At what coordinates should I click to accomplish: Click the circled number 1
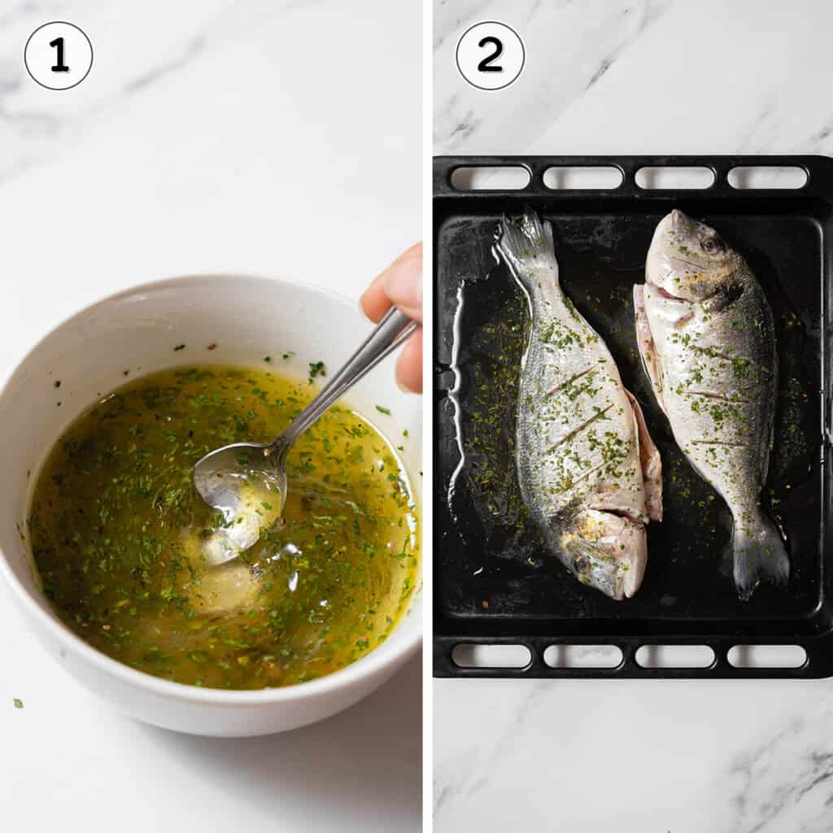pos(59,55)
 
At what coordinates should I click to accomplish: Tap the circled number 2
pos(490,55)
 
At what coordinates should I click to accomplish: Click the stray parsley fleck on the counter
pos(18,703)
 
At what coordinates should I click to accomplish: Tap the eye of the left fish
pos(582,563)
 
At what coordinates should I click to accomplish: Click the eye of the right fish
pos(709,243)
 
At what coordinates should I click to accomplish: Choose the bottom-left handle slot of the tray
pos(490,656)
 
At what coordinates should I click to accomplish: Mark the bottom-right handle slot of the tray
pos(767,656)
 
